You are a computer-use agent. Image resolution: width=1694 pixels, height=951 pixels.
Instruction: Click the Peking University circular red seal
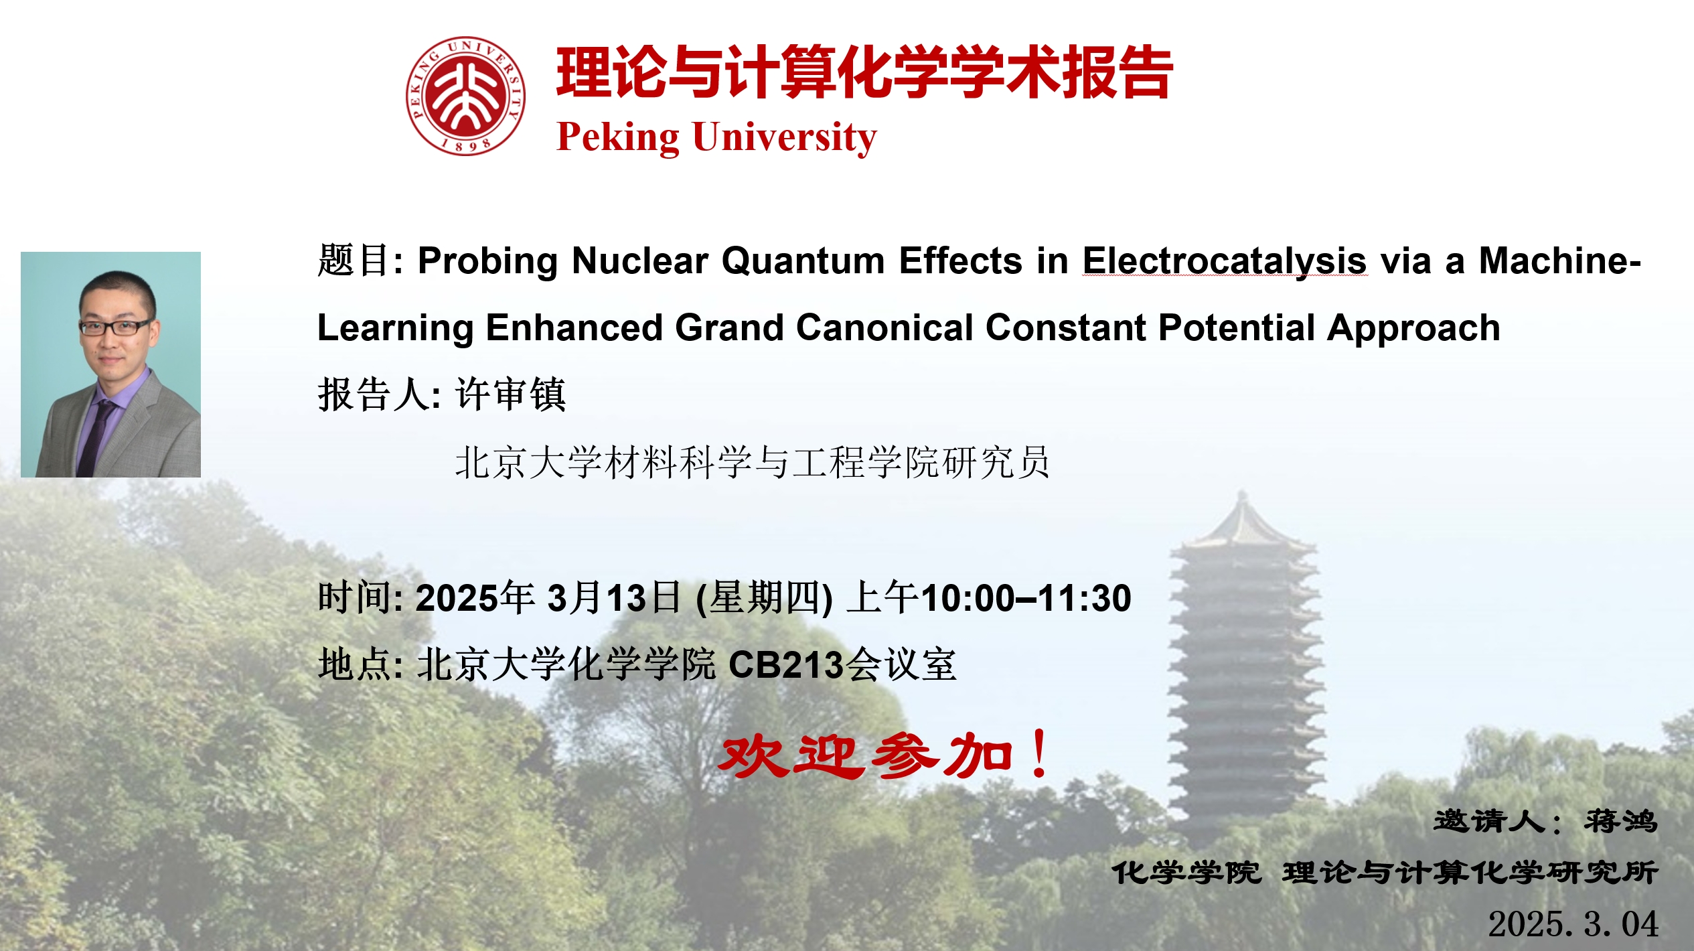click(x=465, y=96)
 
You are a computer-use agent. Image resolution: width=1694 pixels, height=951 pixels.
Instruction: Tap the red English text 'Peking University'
click(x=716, y=138)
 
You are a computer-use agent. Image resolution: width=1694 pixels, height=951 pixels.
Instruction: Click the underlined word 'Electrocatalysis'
click(x=1225, y=261)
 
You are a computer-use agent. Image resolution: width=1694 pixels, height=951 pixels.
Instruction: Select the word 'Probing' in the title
click(x=487, y=261)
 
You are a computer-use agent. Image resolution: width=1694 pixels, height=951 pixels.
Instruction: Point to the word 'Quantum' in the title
click(x=803, y=261)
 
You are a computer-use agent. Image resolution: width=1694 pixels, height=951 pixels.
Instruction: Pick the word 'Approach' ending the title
click(x=1413, y=329)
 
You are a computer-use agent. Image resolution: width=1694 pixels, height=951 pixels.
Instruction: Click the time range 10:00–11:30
click(x=1026, y=598)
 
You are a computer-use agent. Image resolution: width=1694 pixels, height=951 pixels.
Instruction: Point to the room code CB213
click(x=786, y=665)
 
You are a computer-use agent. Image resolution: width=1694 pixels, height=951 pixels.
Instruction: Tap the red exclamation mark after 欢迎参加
click(x=1040, y=753)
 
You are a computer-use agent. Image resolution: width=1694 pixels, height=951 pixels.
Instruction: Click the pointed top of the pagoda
click(x=1243, y=494)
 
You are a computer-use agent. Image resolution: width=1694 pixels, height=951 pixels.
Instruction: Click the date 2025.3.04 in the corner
click(x=1573, y=924)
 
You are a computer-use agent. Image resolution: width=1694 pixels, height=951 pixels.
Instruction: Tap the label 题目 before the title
click(x=352, y=261)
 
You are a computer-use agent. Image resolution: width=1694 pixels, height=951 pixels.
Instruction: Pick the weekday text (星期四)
click(x=765, y=598)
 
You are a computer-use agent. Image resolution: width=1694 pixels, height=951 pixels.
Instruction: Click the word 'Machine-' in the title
click(x=1560, y=261)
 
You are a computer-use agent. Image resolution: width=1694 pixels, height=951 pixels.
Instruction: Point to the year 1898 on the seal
click(x=466, y=144)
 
